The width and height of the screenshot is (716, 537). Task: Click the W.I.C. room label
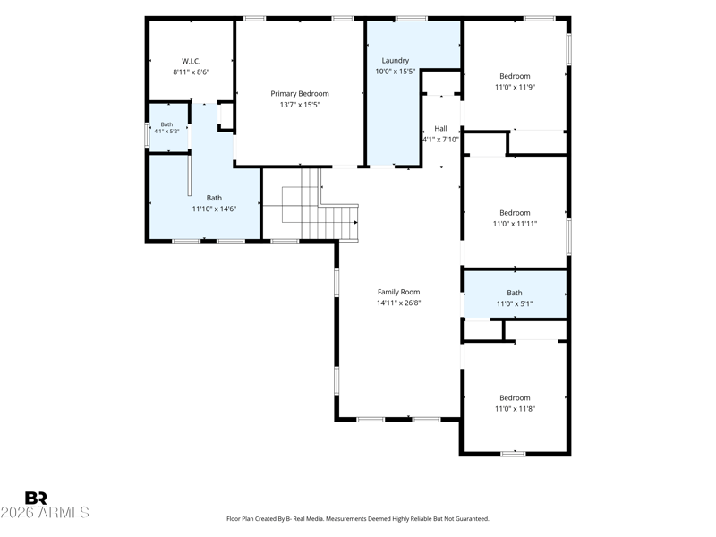191,61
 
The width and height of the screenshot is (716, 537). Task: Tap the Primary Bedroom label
300,94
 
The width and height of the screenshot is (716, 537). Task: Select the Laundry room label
395,60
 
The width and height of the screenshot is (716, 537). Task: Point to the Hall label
440,128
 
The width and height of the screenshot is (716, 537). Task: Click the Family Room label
398,292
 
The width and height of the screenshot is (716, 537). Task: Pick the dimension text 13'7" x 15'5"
300,105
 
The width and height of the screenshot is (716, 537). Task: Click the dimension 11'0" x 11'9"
516,87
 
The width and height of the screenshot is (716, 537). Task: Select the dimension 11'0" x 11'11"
516,224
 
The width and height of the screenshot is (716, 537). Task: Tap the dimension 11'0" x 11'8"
516,409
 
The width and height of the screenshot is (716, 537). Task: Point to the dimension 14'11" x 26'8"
398,303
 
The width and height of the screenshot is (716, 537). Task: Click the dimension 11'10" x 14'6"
214,209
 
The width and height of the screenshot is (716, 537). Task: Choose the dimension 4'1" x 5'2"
166,131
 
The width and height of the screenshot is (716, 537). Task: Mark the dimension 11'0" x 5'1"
515,303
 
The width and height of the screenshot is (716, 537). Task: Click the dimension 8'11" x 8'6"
192,72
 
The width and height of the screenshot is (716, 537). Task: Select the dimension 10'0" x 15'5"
395,72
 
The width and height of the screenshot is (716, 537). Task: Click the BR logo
36,498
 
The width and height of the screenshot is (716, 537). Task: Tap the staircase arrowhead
355,222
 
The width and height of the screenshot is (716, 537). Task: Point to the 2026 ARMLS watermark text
45,512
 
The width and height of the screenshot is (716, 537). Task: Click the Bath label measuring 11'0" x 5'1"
515,293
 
